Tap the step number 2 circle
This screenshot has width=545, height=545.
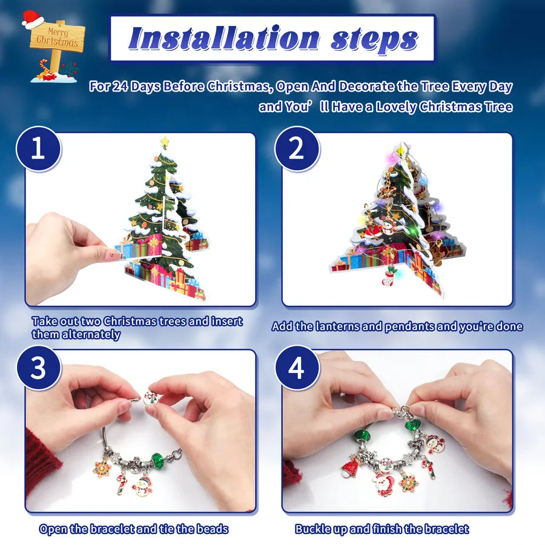pos(296,149)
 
